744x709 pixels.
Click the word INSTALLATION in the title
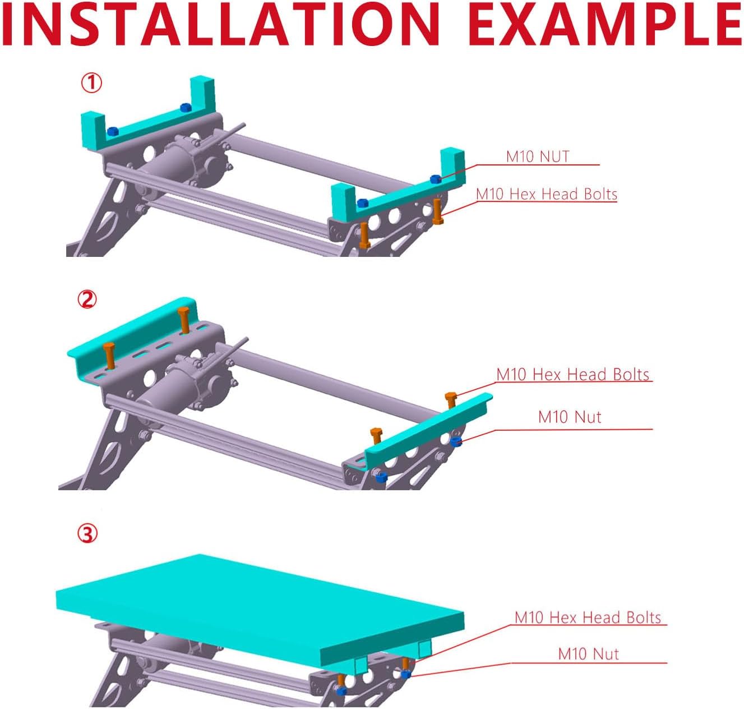point(220,24)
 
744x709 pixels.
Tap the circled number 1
point(91,83)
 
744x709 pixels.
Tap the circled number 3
point(87,533)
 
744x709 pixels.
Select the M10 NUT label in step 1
point(537,156)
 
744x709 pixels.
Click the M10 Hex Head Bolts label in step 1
point(547,194)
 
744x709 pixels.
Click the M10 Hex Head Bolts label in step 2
point(572,374)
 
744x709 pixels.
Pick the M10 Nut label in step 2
point(570,417)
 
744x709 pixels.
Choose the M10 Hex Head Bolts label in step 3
point(588,618)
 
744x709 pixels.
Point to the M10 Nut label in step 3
point(589,654)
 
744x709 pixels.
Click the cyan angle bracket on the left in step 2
point(132,337)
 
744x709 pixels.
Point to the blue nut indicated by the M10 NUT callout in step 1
point(435,179)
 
